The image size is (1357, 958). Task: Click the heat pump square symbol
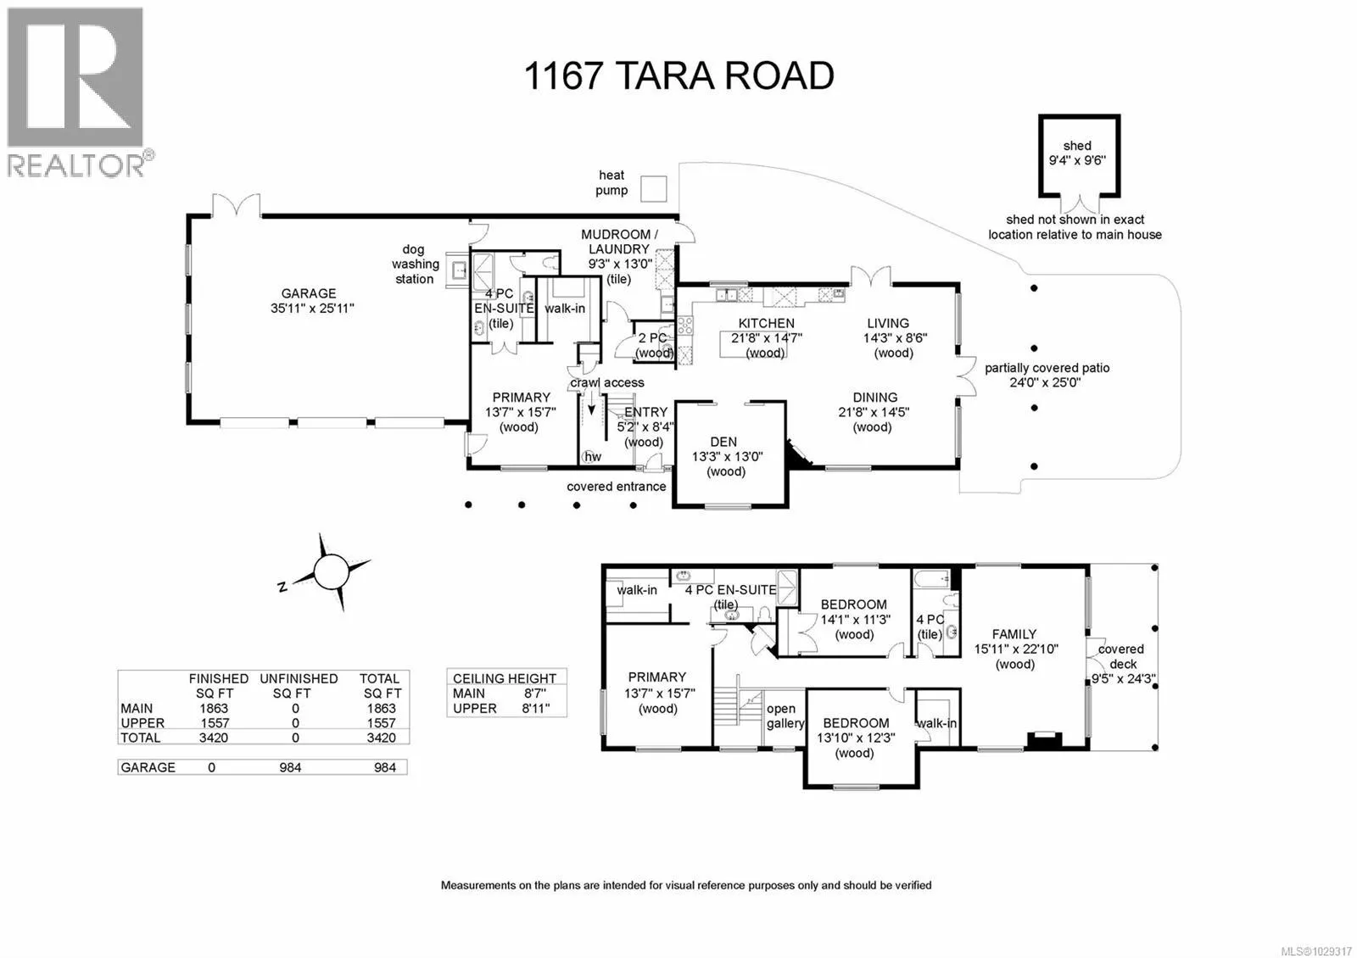click(x=653, y=188)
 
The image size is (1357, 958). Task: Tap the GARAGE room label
click(x=309, y=293)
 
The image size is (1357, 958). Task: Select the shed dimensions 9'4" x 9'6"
click(x=1077, y=159)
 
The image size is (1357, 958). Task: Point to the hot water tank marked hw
click(x=591, y=456)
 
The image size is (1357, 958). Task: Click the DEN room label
click(x=723, y=442)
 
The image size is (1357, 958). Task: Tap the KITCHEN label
click(x=767, y=323)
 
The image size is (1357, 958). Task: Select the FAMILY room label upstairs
click(x=1014, y=633)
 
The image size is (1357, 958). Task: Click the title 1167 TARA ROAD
click(x=678, y=75)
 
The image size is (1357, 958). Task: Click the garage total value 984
click(x=385, y=767)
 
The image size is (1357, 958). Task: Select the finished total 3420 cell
click(x=214, y=738)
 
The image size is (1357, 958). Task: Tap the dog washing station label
click(x=414, y=264)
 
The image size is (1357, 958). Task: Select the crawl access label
click(x=607, y=382)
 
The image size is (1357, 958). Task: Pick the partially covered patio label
click(x=1047, y=368)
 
